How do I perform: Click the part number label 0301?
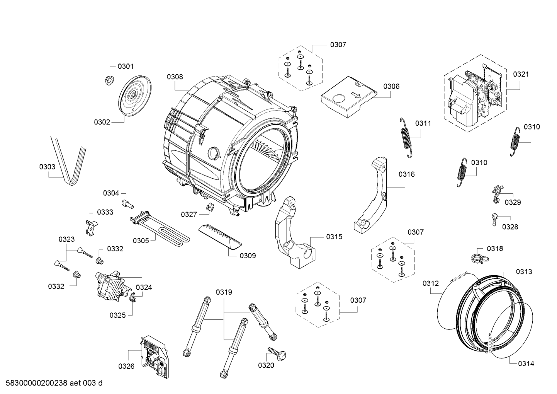[126, 67]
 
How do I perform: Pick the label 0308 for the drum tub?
[175, 77]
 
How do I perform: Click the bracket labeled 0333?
[91, 225]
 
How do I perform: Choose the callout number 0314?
[526, 363]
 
